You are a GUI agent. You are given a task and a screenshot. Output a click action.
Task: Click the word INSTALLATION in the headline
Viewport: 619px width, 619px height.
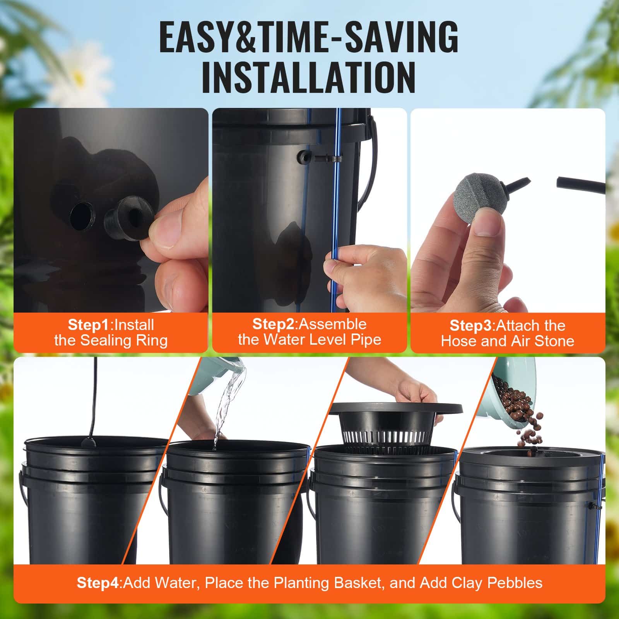[308, 78]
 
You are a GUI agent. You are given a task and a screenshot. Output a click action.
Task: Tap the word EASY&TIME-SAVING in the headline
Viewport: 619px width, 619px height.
[308, 38]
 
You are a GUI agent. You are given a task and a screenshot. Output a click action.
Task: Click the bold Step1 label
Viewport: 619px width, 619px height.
[89, 325]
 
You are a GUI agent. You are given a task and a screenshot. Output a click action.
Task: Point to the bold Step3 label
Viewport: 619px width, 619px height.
[471, 326]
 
